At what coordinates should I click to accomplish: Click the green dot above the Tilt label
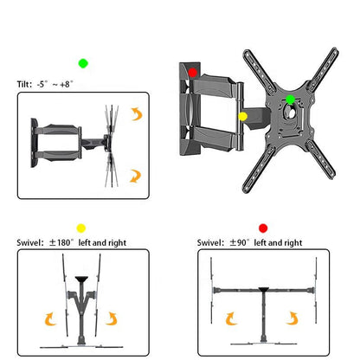(83, 63)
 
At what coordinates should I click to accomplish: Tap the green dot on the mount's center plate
(291, 100)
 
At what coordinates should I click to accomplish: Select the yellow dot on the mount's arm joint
(242, 115)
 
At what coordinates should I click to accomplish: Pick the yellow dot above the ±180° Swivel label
(82, 228)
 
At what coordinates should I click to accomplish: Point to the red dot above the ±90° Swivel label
(263, 228)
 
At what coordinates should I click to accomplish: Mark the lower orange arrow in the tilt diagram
(134, 176)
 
